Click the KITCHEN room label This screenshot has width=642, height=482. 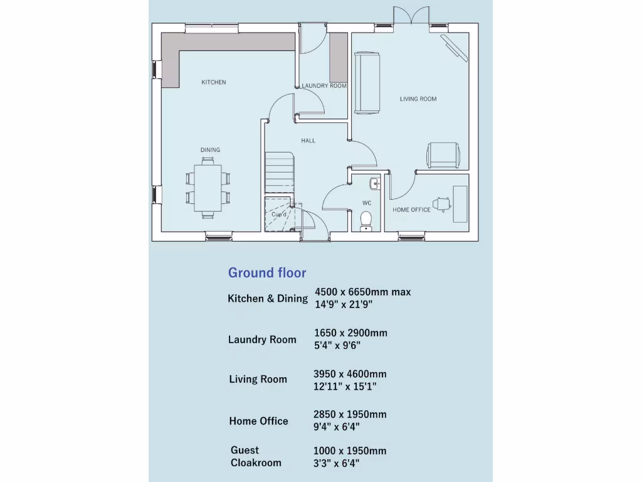[x=213, y=82]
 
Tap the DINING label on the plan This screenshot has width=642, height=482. [x=210, y=150]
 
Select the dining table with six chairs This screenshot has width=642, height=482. [x=208, y=188]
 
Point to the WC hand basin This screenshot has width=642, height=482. [x=374, y=183]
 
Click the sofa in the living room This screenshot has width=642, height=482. [x=367, y=83]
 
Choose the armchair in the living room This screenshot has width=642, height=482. [x=443, y=155]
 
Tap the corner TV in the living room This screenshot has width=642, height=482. [x=455, y=48]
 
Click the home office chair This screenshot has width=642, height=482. [x=443, y=203]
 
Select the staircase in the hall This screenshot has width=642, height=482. [x=279, y=172]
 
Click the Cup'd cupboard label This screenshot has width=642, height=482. [x=279, y=215]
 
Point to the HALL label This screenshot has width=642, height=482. [x=308, y=141]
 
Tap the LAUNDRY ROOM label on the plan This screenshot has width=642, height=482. [x=324, y=86]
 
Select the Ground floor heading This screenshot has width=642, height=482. [x=267, y=272]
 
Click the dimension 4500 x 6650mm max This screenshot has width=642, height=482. [x=362, y=292]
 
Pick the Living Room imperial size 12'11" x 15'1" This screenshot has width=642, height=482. [x=345, y=387]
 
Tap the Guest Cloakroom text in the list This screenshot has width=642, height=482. [x=256, y=456]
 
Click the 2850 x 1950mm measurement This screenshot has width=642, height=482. [x=350, y=414]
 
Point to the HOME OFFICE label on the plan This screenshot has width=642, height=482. [x=411, y=210]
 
